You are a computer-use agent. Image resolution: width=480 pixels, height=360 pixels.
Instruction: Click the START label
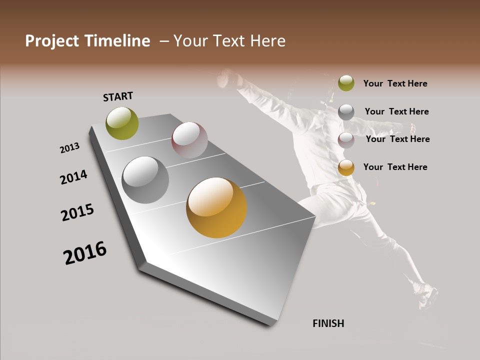click(x=118, y=96)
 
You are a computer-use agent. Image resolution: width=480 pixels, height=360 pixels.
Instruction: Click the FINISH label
click(x=328, y=323)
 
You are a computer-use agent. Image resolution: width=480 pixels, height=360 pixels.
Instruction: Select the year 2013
click(x=69, y=148)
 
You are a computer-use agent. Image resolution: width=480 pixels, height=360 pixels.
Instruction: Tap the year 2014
click(x=73, y=177)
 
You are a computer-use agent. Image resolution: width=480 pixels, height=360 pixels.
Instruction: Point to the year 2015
click(x=77, y=212)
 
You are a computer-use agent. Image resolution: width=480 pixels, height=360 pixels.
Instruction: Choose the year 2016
click(x=85, y=253)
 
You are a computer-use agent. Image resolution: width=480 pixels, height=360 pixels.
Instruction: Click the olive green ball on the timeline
click(x=122, y=123)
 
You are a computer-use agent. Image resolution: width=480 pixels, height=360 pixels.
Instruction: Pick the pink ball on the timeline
click(x=189, y=139)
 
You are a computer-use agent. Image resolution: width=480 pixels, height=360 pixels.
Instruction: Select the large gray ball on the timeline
click(x=145, y=180)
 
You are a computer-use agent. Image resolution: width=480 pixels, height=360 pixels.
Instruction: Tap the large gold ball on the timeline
click(x=216, y=207)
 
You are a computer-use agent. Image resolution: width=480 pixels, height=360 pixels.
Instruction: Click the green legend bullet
click(x=346, y=83)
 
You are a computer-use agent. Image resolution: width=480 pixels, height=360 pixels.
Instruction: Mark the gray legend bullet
click(x=346, y=111)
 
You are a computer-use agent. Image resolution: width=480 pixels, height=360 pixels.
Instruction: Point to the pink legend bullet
click(x=346, y=139)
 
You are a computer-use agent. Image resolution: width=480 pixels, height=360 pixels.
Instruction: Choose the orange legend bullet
click(x=346, y=167)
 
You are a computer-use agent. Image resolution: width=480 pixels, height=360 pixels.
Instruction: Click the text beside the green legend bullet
click(x=395, y=83)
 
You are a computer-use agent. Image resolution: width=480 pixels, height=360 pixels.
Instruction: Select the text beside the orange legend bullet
click(x=395, y=167)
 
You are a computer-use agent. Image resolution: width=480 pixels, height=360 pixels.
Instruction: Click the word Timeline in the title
click(x=117, y=41)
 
